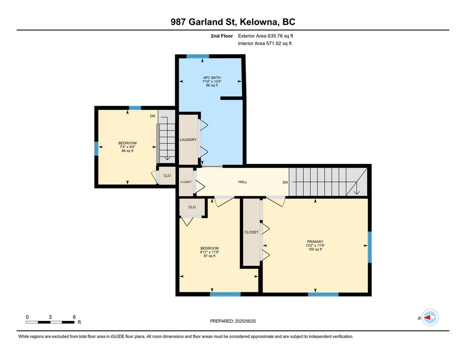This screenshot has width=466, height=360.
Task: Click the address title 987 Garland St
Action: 233,22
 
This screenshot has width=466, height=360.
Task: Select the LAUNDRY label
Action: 188,140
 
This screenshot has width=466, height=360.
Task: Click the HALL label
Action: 243,182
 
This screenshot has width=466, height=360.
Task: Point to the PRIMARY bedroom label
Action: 314,242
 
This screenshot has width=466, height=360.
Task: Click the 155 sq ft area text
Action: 314,249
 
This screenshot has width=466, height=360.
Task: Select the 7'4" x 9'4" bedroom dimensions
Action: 127,147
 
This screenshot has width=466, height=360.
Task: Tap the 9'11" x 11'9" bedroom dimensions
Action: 209,252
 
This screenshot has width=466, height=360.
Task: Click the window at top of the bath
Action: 198,56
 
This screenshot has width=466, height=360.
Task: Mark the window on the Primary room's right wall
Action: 370,247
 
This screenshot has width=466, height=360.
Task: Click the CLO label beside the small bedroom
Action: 167,176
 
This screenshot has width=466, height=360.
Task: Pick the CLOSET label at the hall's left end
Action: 186,182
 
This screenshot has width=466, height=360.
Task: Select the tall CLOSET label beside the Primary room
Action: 251,232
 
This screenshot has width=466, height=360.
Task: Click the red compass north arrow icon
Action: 430,318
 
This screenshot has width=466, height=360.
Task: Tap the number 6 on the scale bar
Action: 74,317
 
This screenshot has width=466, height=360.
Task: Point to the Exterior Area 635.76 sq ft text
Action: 268,36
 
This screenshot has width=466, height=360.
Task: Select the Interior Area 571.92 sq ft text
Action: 264,44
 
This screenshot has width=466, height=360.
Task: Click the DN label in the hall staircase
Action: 285,182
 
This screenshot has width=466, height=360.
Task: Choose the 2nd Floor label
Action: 222,36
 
